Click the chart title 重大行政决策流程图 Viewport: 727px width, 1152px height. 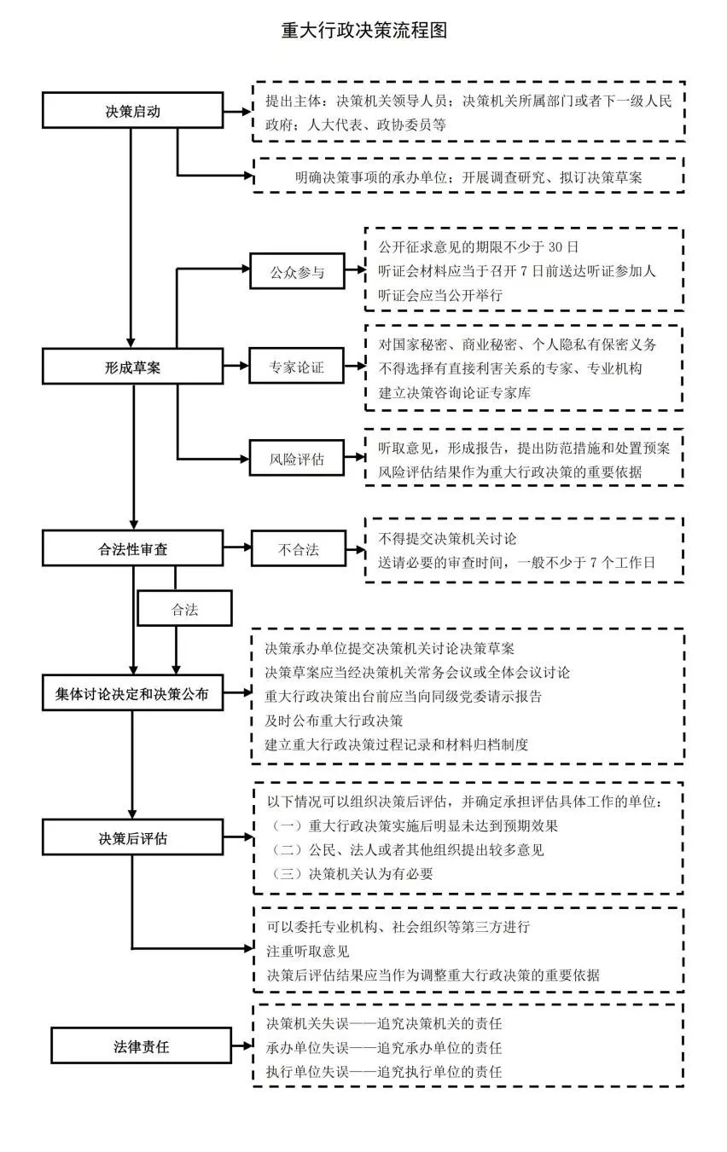pyautogui.click(x=364, y=31)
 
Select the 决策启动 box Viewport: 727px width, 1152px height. pyautogui.click(x=132, y=112)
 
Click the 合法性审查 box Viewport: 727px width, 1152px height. pyautogui.click(x=132, y=549)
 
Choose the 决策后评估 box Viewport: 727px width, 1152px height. pyautogui.click(x=132, y=838)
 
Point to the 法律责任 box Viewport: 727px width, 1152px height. pyautogui.click(x=141, y=1046)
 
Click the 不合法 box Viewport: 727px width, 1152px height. pyautogui.click(x=298, y=549)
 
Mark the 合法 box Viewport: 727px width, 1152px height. pyautogui.click(x=184, y=610)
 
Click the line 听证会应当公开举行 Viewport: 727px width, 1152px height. pyautogui.click(x=440, y=294)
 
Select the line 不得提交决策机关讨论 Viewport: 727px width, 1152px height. pyautogui.click(x=447, y=539)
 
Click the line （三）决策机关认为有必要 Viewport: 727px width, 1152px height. pyautogui.click(x=352, y=873)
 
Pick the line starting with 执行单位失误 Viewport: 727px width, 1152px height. pyautogui.click(x=383, y=1071)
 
